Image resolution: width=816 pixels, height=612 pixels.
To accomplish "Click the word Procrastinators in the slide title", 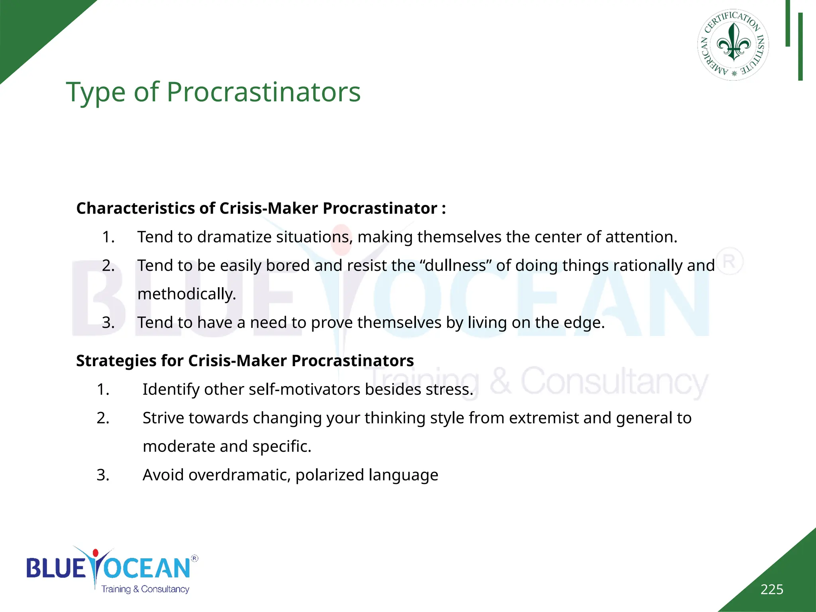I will coord(263,92).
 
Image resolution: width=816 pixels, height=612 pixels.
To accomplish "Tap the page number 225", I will coord(771,589).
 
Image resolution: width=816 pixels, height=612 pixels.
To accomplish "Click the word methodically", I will coord(186,294).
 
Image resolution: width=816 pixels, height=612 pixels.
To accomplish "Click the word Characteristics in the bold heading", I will coord(135,208).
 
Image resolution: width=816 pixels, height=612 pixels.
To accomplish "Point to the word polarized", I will coord(330,475).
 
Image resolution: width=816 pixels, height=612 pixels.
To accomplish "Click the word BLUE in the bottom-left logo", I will coord(56,568).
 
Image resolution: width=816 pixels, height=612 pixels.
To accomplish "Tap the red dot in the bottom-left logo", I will coord(95,553).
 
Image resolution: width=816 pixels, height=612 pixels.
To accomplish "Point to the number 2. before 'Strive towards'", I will coord(103,418).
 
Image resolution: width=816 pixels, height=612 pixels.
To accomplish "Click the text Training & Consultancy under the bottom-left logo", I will coord(145,589).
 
